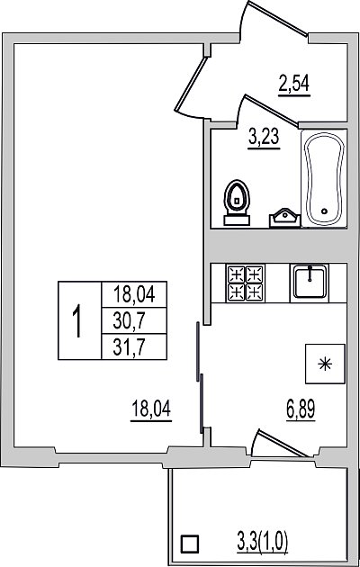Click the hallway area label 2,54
(x=294, y=84)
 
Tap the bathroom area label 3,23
(x=265, y=138)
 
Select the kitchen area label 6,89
(x=301, y=409)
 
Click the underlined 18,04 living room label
(x=151, y=409)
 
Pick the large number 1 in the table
(x=76, y=320)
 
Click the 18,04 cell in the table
(x=134, y=294)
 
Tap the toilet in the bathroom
(x=237, y=202)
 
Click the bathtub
(x=324, y=177)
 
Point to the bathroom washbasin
(x=284, y=218)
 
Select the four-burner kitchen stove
(x=246, y=283)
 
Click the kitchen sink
(x=310, y=283)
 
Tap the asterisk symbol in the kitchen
(x=325, y=364)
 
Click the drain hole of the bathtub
(x=324, y=211)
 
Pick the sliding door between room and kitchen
(x=200, y=377)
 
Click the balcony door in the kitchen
(x=278, y=444)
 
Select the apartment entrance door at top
(x=275, y=19)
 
